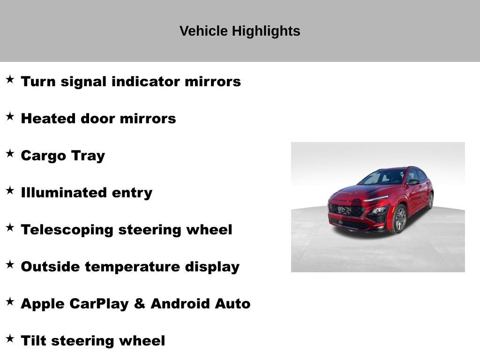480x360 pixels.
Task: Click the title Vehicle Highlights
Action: point(240,31)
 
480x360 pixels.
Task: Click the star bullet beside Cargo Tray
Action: point(10,153)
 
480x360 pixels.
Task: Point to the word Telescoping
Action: point(67,230)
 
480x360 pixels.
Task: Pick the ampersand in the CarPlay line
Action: point(139,304)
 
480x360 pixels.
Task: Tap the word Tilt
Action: point(33,341)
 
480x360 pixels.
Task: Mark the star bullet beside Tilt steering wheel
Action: point(10,338)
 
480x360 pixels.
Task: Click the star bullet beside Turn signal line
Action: point(10,79)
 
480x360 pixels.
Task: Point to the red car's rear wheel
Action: point(430,201)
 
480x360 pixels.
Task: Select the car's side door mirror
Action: point(412,182)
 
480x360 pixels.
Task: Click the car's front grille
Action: point(346,210)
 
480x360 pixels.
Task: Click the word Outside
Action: point(50,267)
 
